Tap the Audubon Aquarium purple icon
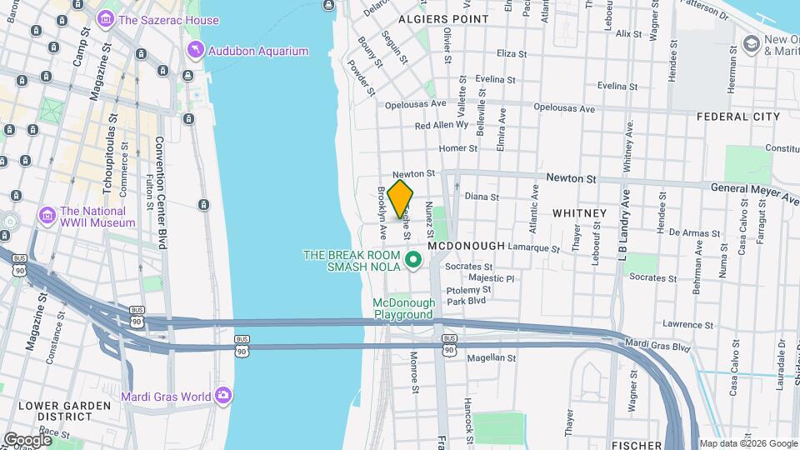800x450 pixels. [x=195, y=51]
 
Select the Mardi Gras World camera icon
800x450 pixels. [x=222, y=396]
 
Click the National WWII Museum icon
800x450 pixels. [x=47, y=217]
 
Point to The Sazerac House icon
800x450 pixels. [x=106, y=19]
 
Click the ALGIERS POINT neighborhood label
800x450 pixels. [x=443, y=18]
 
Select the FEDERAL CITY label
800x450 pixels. [x=737, y=116]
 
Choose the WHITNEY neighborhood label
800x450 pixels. [x=579, y=213]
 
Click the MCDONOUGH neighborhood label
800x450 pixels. [x=467, y=246]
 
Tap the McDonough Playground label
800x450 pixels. [x=403, y=308]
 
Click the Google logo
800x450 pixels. [x=27, y=439]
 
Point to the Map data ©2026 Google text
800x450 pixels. [x=747, y=443]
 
